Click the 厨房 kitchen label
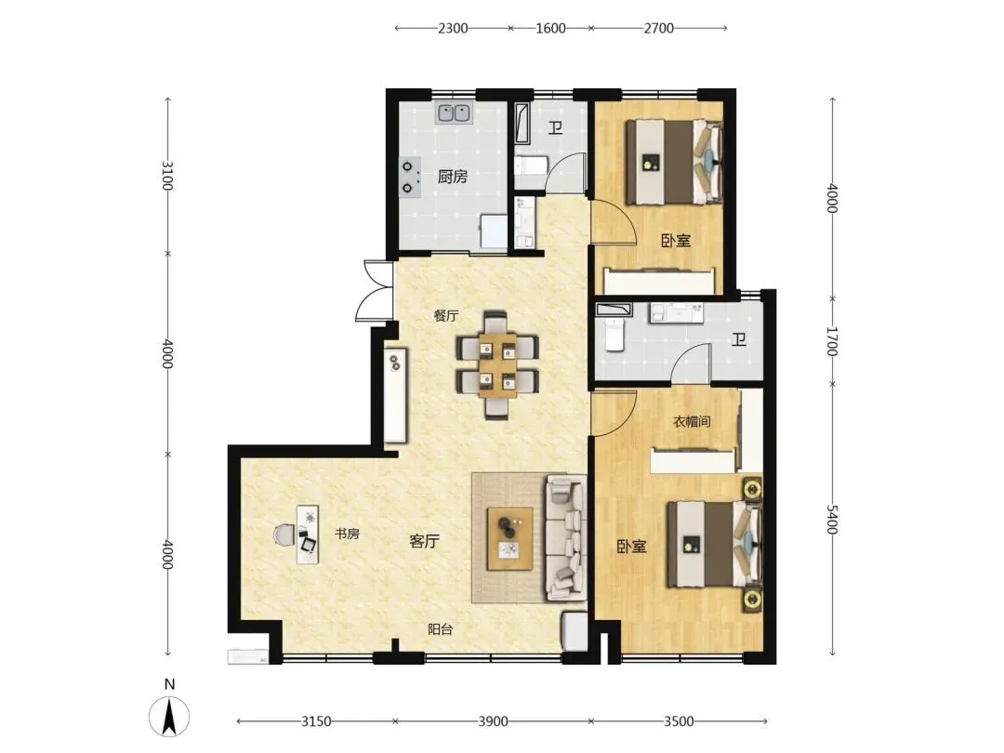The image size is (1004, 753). (453, 176)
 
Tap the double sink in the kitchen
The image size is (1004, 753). (454, 113)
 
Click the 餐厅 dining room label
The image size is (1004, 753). (446, 316)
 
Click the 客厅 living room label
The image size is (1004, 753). (425, 541)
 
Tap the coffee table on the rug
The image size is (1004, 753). (509, 538)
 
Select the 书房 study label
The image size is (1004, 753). (347, 534)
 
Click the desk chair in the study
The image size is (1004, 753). (284, 534)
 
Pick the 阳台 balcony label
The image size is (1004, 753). (441, 629)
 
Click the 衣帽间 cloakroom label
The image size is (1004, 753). (693, 421)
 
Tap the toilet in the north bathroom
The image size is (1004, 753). (531, 165)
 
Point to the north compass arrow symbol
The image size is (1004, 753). (169, 716)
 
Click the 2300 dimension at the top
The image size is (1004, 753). (453, 28)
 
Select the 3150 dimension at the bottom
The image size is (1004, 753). (316, 721)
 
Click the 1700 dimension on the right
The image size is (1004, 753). (832, 341)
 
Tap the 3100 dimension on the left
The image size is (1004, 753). (167, 176)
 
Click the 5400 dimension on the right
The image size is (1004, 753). (832, 519)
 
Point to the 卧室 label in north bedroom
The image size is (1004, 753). (676, 241)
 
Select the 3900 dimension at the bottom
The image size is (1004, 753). (493, 721)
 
